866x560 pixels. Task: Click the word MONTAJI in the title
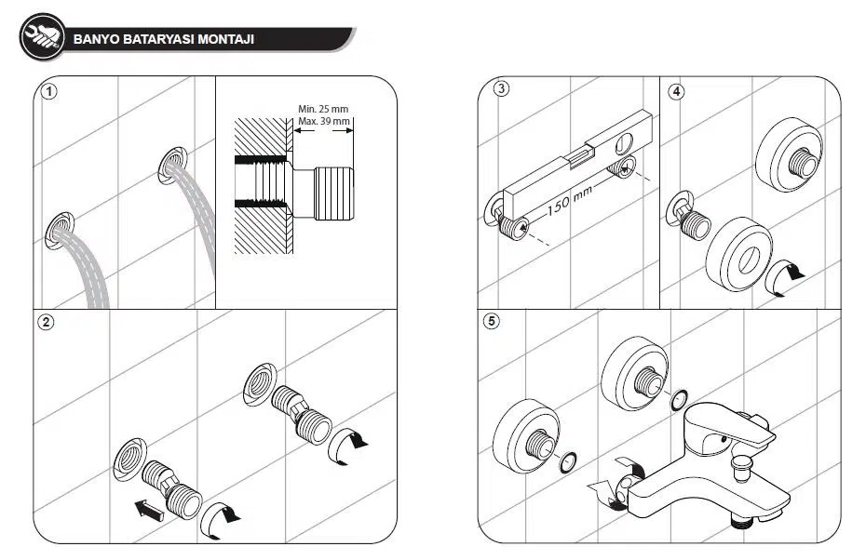(226, 39)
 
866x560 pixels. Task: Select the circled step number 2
(46, 323)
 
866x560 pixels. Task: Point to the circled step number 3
(502, 89)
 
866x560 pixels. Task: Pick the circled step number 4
(676, 92)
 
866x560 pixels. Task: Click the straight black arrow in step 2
(147, 509)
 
